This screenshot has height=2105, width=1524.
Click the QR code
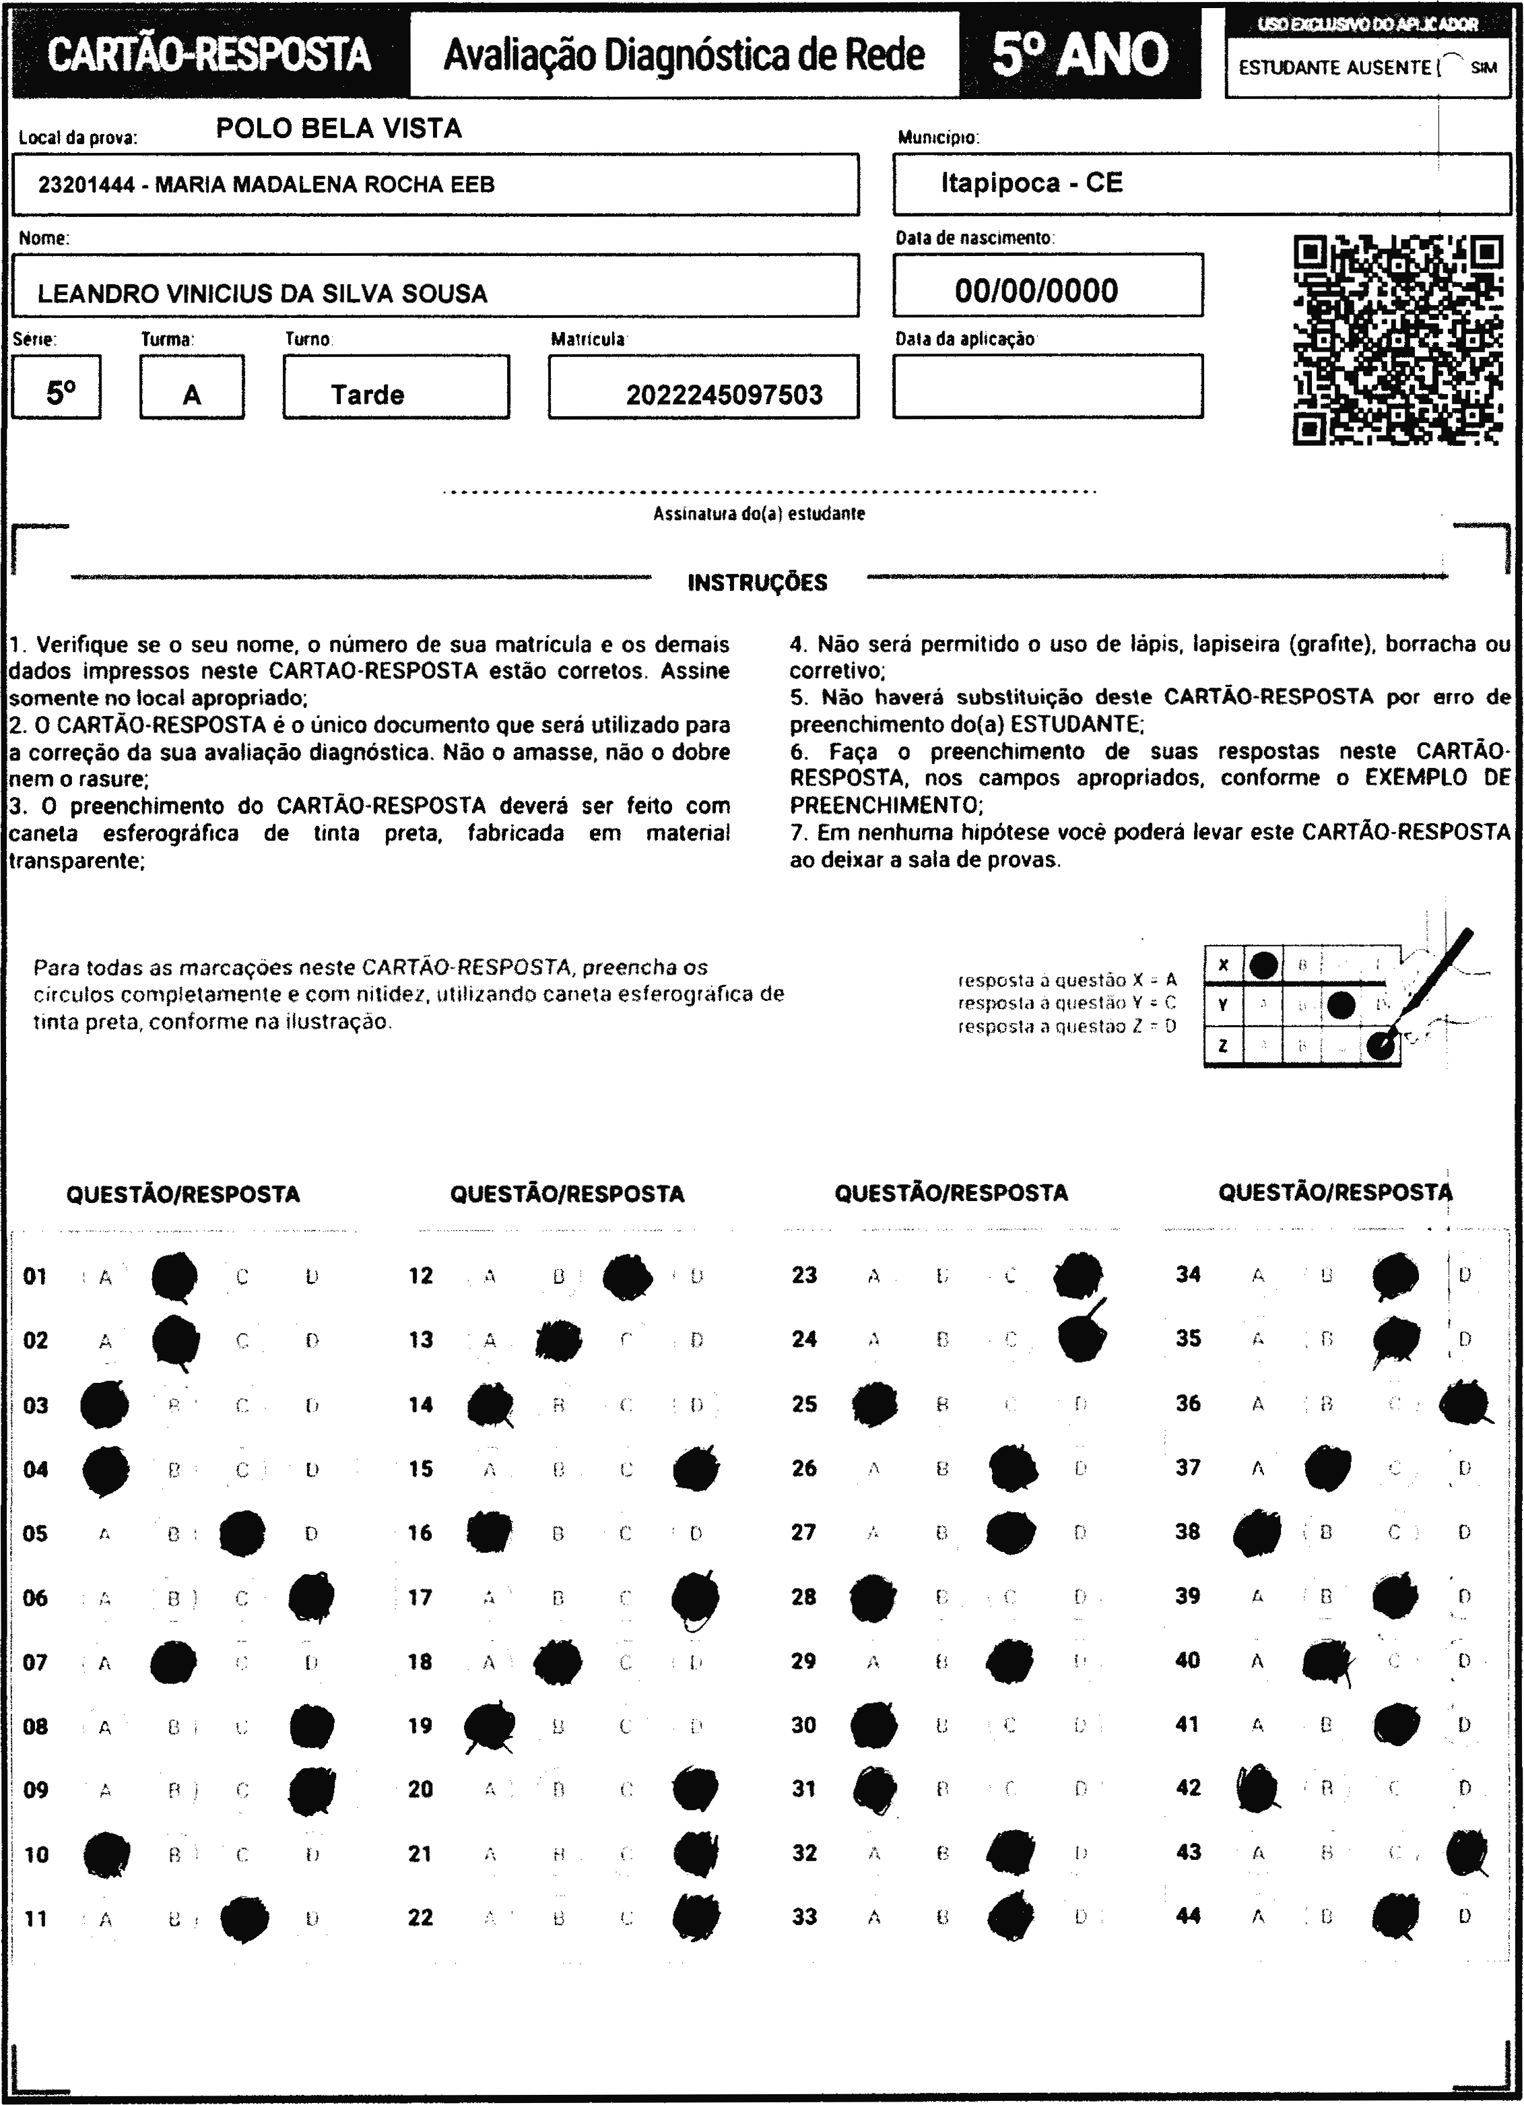tap(1398, 339)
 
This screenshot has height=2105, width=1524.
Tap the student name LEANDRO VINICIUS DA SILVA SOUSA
tap(262, 294)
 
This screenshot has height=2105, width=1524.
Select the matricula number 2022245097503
tap(724, 395)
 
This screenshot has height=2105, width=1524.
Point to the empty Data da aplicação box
tap(1047, 386)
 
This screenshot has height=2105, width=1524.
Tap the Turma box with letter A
tap(192, 395)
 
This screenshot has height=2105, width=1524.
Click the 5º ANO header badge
tap(1080, 55)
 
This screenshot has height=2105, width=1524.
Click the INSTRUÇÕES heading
tap(758, 583)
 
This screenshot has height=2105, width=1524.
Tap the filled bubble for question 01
tap(174, 1276)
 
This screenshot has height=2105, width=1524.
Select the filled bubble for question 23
tap(1078, 1274)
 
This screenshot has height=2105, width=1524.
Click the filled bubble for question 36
tap(1465, 1403)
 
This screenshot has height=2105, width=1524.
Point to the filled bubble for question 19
tap(489, 1725)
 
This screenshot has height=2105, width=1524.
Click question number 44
tap(1188, 1916)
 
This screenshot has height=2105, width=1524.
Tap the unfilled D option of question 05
tap(311, 1533)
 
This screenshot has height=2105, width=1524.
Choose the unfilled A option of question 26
tap(873, 1468)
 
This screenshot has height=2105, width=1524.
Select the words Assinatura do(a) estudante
tap(758, 514)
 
